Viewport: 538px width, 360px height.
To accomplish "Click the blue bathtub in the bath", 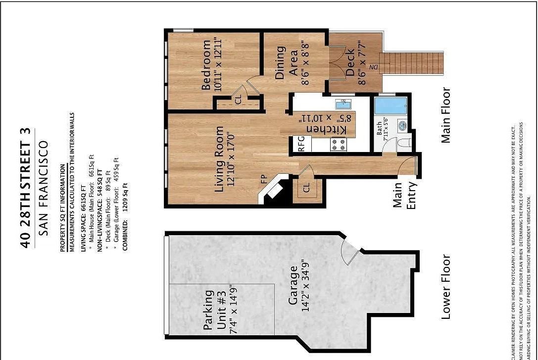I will (391, 105).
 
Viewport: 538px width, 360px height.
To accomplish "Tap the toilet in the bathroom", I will (403, 144).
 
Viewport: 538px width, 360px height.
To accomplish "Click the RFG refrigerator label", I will (301, 143).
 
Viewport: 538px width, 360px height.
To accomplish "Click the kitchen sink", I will (342, 104).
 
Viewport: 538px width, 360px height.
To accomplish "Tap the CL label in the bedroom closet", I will (238, 101).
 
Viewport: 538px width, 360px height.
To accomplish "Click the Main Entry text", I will (404, 195).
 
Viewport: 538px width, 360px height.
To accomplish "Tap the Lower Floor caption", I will (446, 287).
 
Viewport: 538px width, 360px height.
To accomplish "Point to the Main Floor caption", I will (446, 115).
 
